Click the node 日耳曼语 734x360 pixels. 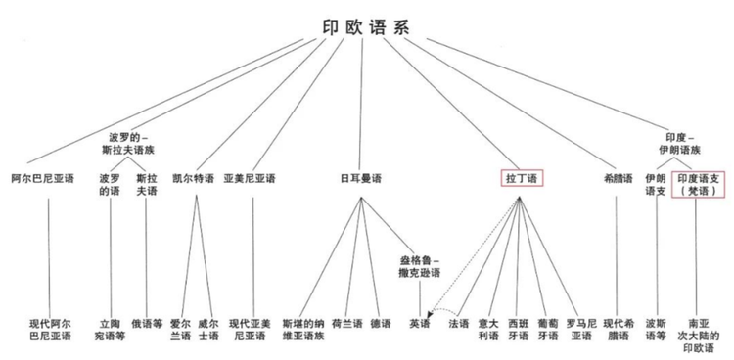click(x=360, y=179)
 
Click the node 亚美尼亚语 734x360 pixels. click(x=250, y=179)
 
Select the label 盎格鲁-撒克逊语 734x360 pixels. click(x=420, y=267)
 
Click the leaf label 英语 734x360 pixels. click(x=420, y=324)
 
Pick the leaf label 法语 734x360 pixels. click(x=458, y=324)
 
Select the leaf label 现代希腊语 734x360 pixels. click(x=619, y=330)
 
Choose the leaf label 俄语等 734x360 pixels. click(x=147, y=324)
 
